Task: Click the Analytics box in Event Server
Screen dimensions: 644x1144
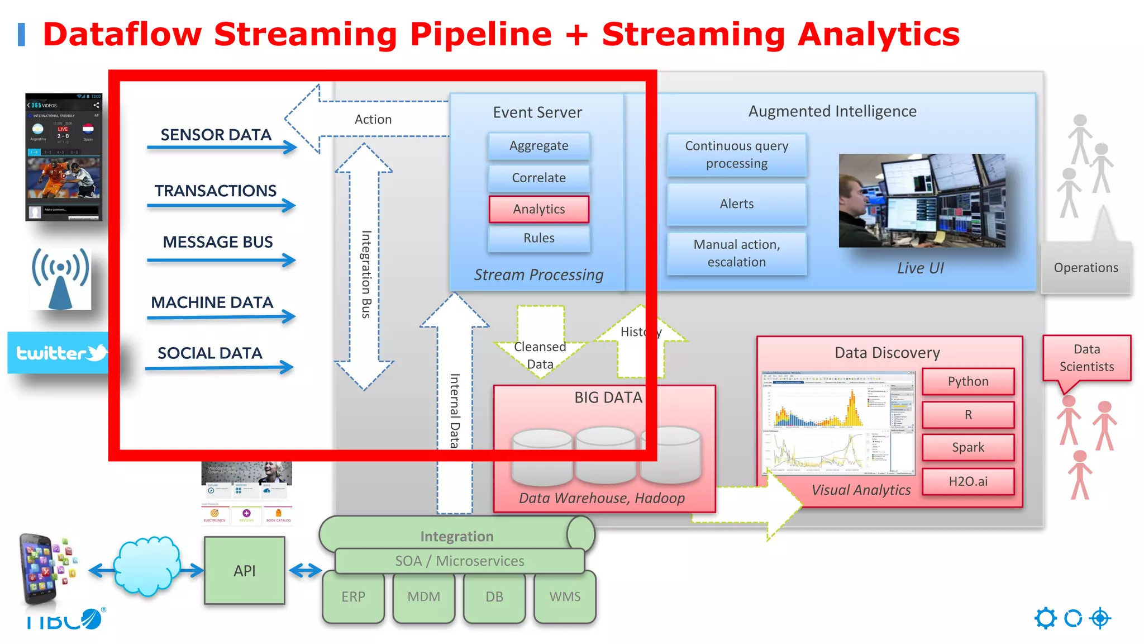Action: click(538, 209)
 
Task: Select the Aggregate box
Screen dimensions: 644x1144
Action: click(538, 146)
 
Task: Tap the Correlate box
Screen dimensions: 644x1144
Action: click(538, 178)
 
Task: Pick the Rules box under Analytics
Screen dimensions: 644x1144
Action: click(538, 238)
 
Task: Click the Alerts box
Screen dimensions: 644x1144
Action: click(736, 204)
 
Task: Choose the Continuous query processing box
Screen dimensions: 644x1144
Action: click(736, 155)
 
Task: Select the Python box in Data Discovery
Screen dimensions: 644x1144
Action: click(967, 381)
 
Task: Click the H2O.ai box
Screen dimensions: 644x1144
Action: click(967, 481)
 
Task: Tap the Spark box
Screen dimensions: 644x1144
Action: click(967, 447)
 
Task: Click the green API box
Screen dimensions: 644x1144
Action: click(244, 571)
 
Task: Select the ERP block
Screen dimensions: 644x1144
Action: click(353, 597)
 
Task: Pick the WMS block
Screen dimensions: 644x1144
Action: click(565, 597)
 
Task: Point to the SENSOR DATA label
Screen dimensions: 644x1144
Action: click(216, 135)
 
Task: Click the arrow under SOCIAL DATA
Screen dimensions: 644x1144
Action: click(219, 368)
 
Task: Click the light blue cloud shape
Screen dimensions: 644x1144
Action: click(147, 566)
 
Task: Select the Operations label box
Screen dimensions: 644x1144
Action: click(1085, 268)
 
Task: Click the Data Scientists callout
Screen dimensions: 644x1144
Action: click(1086, 358)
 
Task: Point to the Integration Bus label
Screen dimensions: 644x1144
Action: click(366, 274)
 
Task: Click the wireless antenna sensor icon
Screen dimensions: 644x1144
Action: click(60, 278)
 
